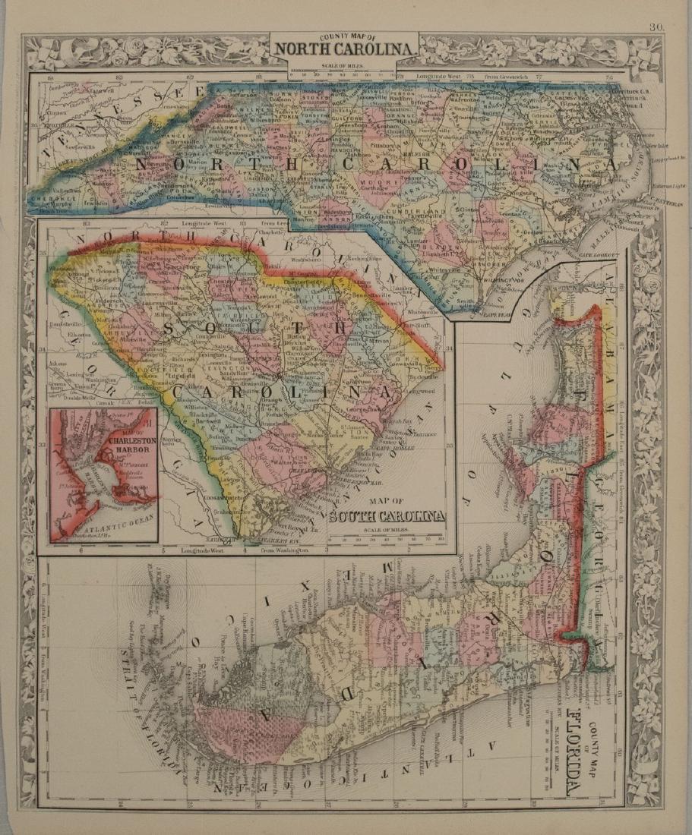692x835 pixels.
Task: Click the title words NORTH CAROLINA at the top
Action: tap(346, 50)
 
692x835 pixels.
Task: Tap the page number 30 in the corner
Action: tap(657, 28)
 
